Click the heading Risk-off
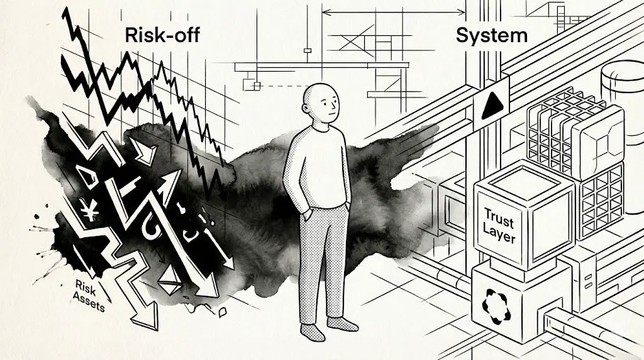tap(163, 35)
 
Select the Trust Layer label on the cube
tap(499, 229)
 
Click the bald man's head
tap(321, 104)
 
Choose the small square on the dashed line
tap(256, 85)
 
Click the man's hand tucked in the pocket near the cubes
tap(347, 210)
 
